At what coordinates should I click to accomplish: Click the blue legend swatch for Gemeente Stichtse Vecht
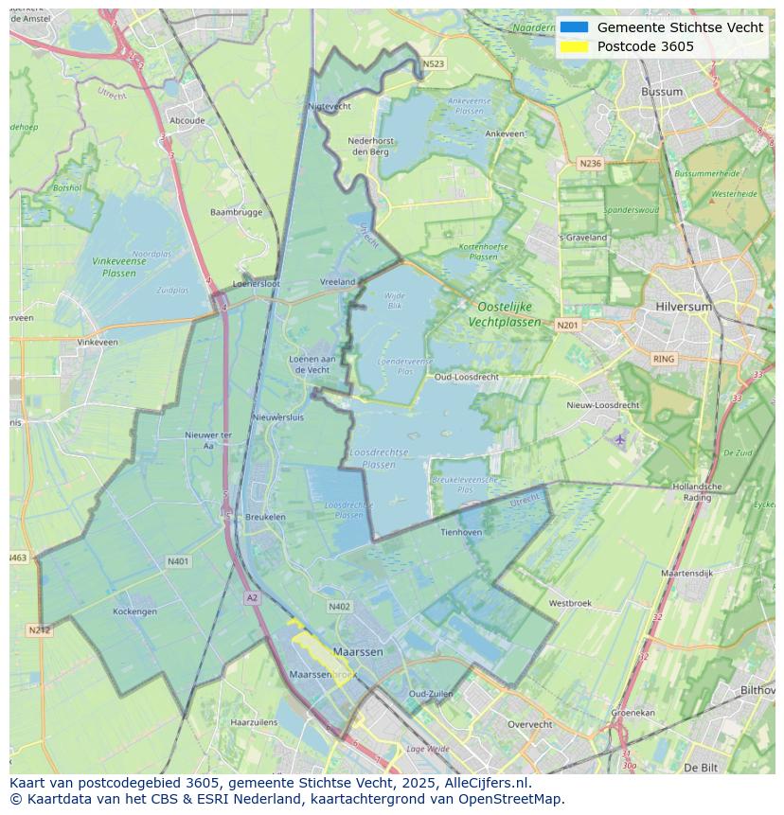click(x=574, y=27)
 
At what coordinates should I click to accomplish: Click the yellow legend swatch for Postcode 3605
click(x=574, y=46)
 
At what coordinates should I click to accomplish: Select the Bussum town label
click(x=661, y=92)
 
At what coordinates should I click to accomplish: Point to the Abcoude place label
click(x=187, y=120)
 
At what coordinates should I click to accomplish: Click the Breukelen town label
click(x=265, y=517)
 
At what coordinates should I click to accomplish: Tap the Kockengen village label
click(x=134, y=611)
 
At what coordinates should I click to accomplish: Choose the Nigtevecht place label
click(x=330, y=107)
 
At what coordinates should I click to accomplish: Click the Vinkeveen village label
click(x=98, y=342)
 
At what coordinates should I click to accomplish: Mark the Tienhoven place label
click(x=461, y=532)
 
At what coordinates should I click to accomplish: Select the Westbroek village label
click(x=570, y=603)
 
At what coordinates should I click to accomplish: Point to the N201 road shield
click(x=567, y=326)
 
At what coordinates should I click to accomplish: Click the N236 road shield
click(x=590, y=164)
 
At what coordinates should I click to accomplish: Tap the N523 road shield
click(x=433, y=64)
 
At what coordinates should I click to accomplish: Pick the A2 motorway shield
click(x=252, y=597)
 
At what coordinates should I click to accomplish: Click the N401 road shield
click(x=178, y=561)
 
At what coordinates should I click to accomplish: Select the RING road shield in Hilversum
click(x=664, y=359)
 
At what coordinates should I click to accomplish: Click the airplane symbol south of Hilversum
click(x=620, y=439)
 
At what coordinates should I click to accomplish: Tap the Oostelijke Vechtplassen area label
click(x=504, y=314)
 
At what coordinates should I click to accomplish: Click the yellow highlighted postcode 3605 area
click(x=322, y=653)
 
